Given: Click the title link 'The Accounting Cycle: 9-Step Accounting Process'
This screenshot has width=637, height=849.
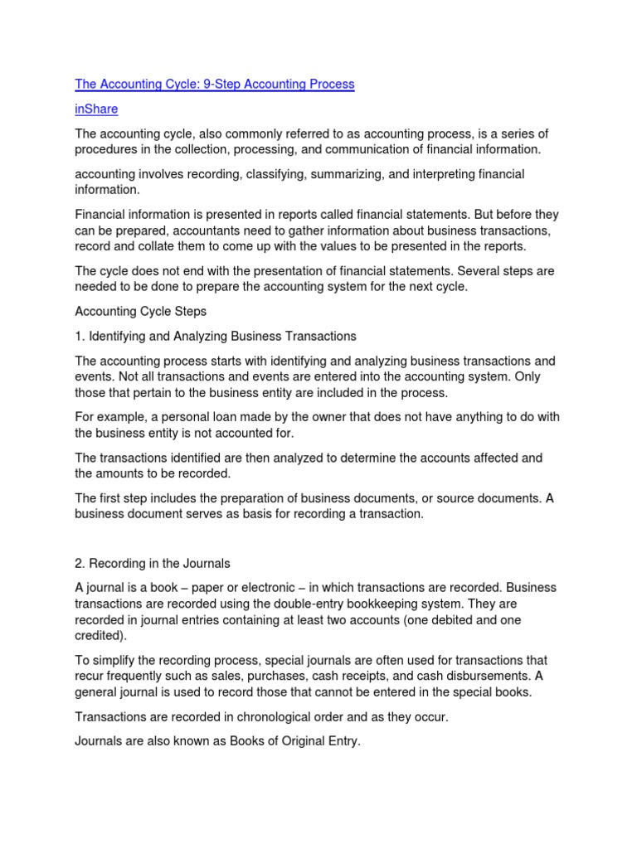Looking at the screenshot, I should tap(215, 84).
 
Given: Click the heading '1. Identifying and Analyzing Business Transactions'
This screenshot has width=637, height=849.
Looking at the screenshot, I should tap(216, 336).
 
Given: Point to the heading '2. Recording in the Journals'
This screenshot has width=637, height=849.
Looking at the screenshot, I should tap(153, 564).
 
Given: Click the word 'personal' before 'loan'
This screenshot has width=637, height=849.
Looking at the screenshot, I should tap(192, 417).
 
